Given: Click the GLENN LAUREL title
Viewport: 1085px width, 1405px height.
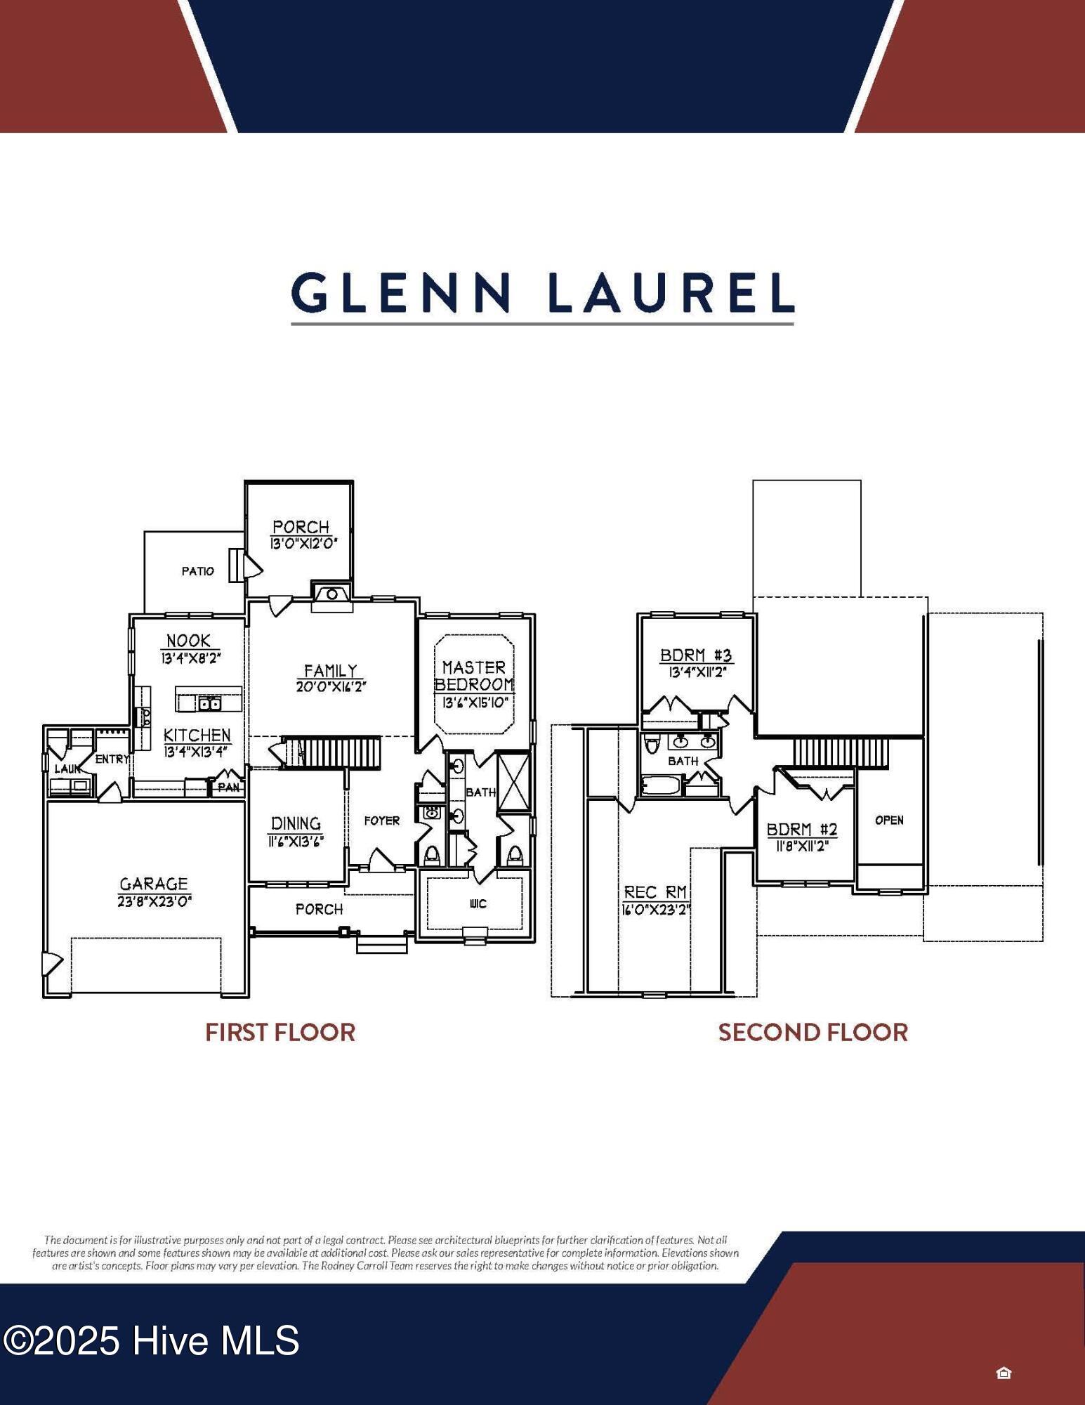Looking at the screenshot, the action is coord(542,293).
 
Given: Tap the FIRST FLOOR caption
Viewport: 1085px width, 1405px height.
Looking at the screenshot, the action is coord(280,1032).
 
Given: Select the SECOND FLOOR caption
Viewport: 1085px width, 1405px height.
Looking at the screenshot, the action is coord(813,1032).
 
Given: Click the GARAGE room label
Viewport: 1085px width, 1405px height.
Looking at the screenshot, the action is coord(154,884).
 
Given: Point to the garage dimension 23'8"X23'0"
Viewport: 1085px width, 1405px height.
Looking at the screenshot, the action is coord(154,901).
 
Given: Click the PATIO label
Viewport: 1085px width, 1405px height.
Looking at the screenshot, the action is coord(198,571).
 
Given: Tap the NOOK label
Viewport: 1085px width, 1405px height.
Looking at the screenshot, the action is coord(188,640).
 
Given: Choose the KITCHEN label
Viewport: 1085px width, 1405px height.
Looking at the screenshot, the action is coord(197,735).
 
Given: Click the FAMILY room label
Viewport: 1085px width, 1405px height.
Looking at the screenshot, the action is coord(331,670).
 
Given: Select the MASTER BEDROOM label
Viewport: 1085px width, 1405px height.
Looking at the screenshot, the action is coord(474,675).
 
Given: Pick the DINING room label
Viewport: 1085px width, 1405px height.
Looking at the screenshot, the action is coord(296,823).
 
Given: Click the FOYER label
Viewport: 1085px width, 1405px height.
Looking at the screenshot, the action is coord(381,821).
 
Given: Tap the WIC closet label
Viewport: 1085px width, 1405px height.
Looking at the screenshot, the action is coord(478,903).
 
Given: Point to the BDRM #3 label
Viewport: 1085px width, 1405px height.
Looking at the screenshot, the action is coord(696,655).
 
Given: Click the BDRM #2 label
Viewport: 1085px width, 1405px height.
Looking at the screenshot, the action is coord(802,829).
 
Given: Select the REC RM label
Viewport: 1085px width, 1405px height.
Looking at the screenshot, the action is coord(655,892).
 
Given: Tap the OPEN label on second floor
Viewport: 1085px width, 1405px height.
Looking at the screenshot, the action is coord(889,820).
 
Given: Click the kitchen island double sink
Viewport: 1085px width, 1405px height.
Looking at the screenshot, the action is coord(209,703).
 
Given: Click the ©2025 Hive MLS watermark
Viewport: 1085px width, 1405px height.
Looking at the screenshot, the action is coord(152,1340).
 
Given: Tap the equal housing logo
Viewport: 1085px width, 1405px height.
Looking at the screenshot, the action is coord(1004,1373).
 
